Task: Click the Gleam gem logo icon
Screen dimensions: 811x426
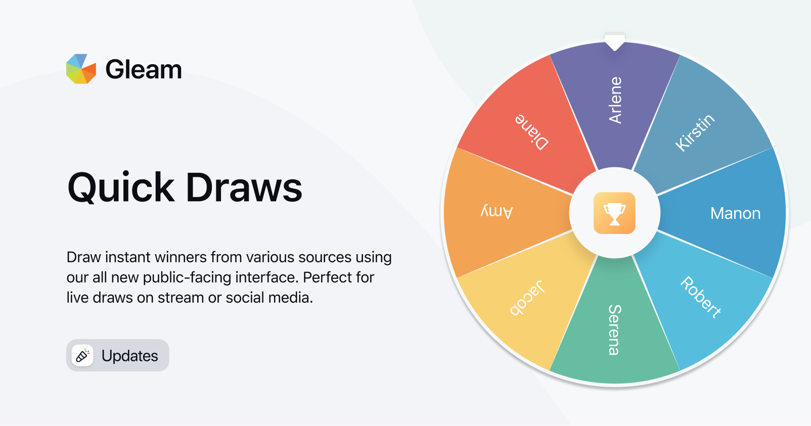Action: coord(81,69)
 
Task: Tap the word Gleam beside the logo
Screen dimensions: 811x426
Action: coord(144,70)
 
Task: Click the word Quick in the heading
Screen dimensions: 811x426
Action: coord(121,188)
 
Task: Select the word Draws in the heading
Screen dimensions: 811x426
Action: coord(244,187)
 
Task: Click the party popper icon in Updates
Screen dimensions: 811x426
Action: coord(82,355)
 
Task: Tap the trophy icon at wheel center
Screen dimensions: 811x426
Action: coord(614,213)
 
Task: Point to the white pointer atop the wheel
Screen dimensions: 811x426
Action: coord(615,42)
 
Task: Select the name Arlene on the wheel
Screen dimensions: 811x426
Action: coord(615,100)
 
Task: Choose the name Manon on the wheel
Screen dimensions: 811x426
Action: coord(735,214)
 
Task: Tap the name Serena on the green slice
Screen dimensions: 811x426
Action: coord(614,330)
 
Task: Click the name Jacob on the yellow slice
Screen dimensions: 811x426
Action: coord(527,298)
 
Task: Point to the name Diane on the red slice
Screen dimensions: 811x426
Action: coord(532,132)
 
